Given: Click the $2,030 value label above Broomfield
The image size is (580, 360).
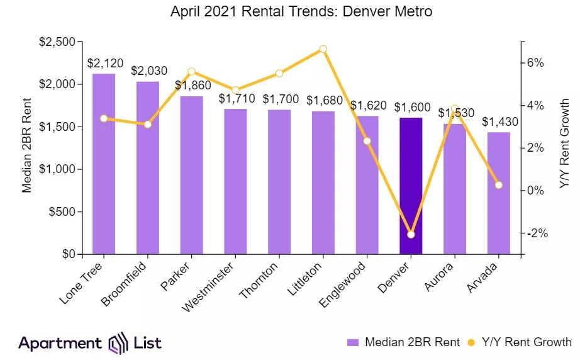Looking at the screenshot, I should click(x=147, y=70).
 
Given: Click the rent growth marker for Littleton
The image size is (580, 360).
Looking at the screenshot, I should click(x=323, y=49).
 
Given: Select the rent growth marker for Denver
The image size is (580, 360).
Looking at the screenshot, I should click(x=411, y=235).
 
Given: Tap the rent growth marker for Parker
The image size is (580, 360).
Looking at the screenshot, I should click(x=191, y=72).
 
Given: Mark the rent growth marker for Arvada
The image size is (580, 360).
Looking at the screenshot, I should click(x=499, y=185).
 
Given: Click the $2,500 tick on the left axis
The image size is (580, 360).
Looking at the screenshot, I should click(x=58, y=42).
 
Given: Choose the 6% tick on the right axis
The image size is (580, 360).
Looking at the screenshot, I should click(x=535, y=63).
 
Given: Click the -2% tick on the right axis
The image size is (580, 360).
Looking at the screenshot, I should click(x=537, y=233).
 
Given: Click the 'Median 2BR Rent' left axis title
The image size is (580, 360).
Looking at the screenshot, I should click(x=27, y=149).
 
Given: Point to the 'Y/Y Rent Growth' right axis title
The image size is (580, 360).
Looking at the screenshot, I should click(x=564, y=143).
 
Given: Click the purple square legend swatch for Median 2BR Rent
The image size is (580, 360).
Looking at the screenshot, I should click(x=352, y=343).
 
